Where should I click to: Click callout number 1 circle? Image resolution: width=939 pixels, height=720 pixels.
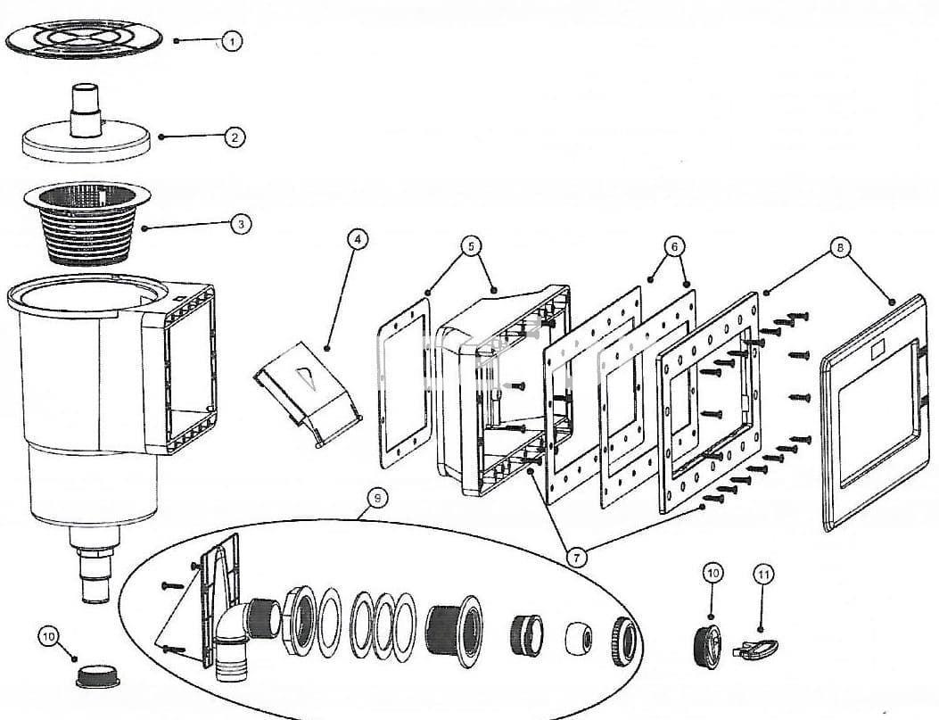click(x=232, y=41)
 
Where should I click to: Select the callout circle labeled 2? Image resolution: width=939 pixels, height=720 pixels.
click(x=233, y=137)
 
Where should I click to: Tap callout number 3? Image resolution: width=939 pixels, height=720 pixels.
click(x=241, y=223)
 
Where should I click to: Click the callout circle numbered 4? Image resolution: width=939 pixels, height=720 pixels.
click(x=356, y=238)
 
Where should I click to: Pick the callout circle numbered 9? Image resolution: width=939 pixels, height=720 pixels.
click(x=378, y=498)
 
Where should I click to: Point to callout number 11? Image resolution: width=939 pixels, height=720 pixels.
click(x=763, y=575)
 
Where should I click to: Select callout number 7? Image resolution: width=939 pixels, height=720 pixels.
click(x=577, y=558)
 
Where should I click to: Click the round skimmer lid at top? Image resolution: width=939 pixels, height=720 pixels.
click(x=85, y=40)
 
